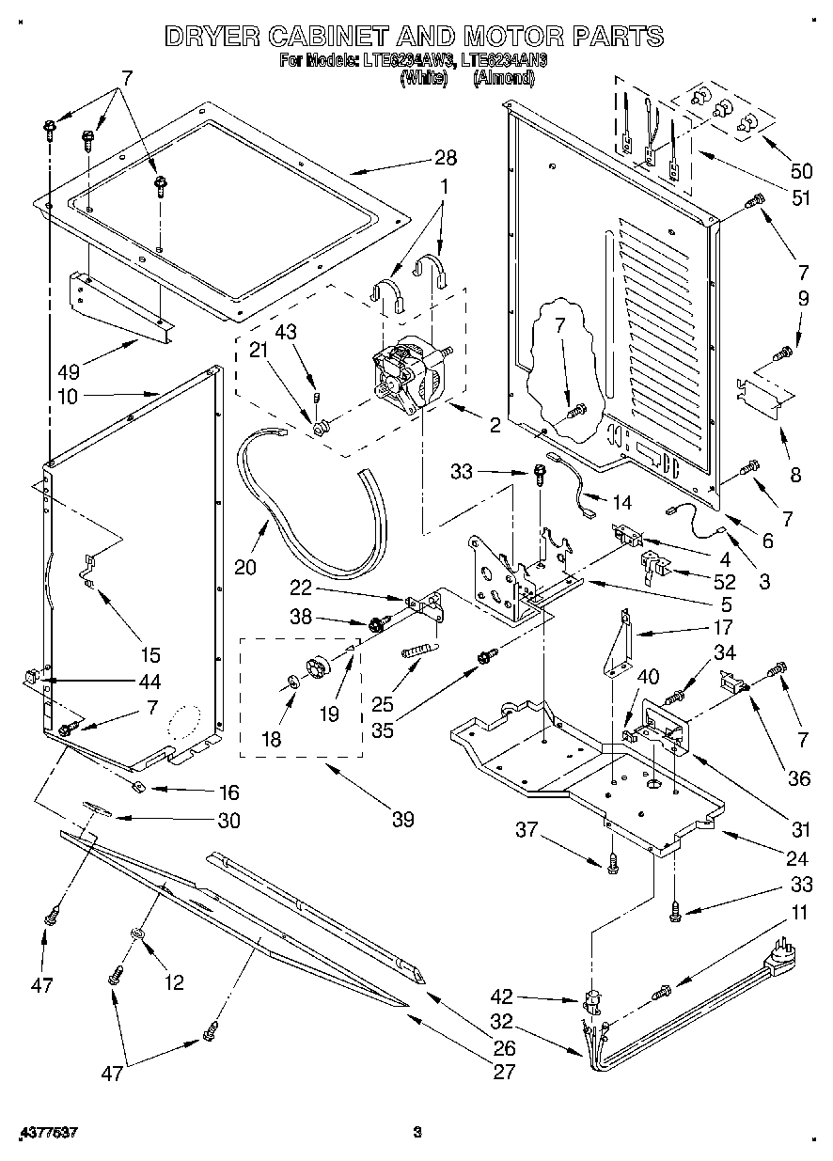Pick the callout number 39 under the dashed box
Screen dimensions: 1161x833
pyautogui.click(x=402, y=819)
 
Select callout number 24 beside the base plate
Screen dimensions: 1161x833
pyautogui.click(x=796, y=857)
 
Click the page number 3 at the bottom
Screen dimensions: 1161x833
pyautogui.click(x=417, y=1132)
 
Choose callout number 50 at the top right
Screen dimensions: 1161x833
pyautogui.click(x=800, y=172)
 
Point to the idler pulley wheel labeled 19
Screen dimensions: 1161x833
pyautogui.click(x=320, y=666)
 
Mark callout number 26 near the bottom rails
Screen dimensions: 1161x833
pyautogui.click(x=504, y=1048)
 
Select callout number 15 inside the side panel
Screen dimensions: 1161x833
pyautogui.click(x=149, y=655)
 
